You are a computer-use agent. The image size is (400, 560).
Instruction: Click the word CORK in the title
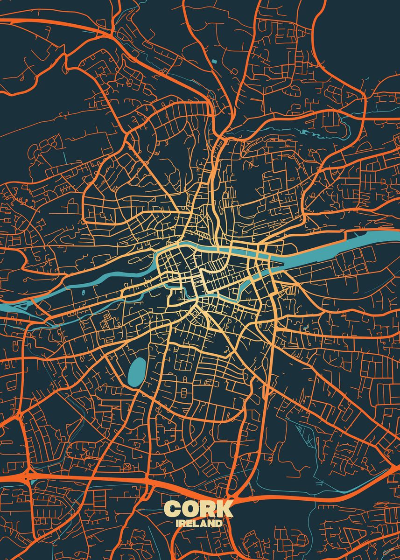(x=199, y=509)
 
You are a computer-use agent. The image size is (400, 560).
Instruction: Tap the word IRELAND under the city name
(x=199, y=524)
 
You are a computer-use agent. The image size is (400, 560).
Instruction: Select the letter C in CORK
(x=173, y=509)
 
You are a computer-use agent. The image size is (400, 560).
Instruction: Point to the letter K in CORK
(x=225, y=509)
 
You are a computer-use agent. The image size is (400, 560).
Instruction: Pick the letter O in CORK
(x=190, y=509)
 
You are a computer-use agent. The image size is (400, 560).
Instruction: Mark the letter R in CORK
(x=208, y=509)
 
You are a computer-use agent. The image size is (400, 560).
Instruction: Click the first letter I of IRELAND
(x=178, y=524)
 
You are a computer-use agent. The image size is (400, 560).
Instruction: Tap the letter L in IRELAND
(x=195, y=524)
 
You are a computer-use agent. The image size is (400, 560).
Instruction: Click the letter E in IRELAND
(x=189, y=524)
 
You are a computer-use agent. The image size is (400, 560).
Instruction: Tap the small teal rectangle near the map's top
(x=214, y=61)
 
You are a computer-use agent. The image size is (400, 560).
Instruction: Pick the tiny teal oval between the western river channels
(x=84, y=293)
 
